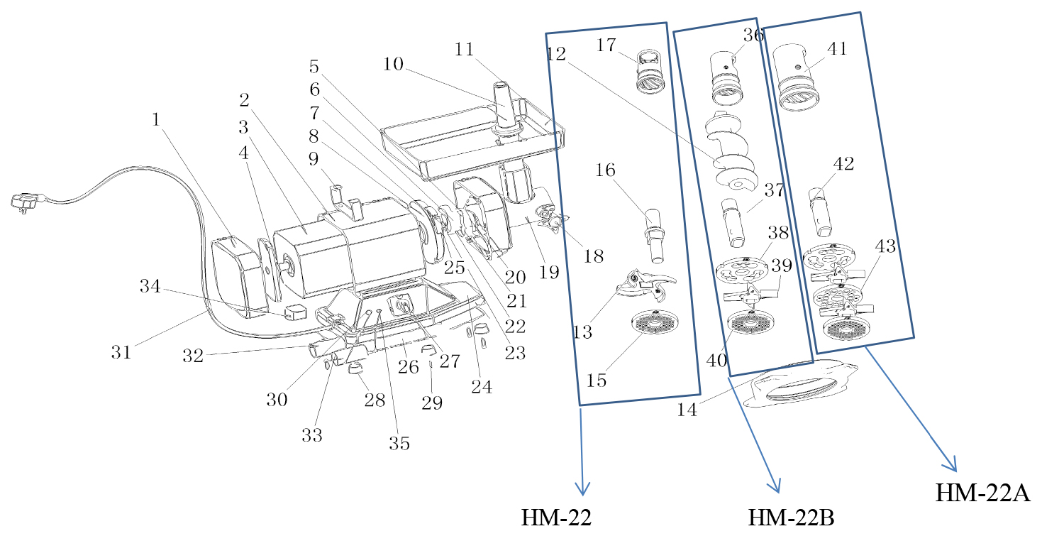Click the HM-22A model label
pos(982,492)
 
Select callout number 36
pos(753,35)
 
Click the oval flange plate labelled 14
pos(800,384)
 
